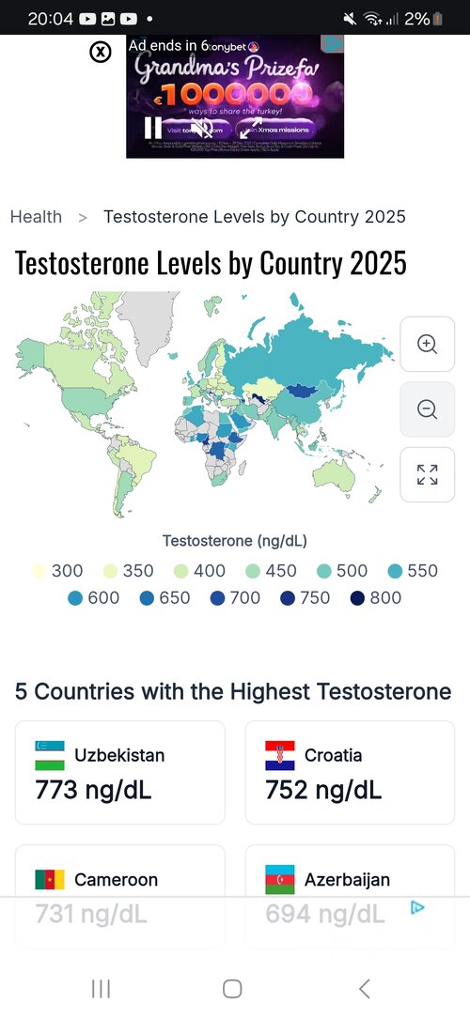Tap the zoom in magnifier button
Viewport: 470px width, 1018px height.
coord(428,344)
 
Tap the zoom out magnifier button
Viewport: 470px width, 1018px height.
coord(428,409)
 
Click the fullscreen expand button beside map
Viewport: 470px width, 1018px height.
coord(428,474)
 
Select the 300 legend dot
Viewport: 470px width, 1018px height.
coord(39,571)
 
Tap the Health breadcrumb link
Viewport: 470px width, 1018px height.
coord(36,217)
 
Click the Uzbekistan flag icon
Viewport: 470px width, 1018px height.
coord(50,755)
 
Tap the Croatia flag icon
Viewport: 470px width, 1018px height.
coord(280,755)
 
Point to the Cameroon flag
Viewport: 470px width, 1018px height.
coord(50,880)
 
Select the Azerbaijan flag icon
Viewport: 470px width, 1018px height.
coord(280,880)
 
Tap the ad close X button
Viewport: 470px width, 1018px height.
coord(101,52)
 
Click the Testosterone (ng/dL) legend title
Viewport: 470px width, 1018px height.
coord(234,541)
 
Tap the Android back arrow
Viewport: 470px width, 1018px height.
coord(365,988)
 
